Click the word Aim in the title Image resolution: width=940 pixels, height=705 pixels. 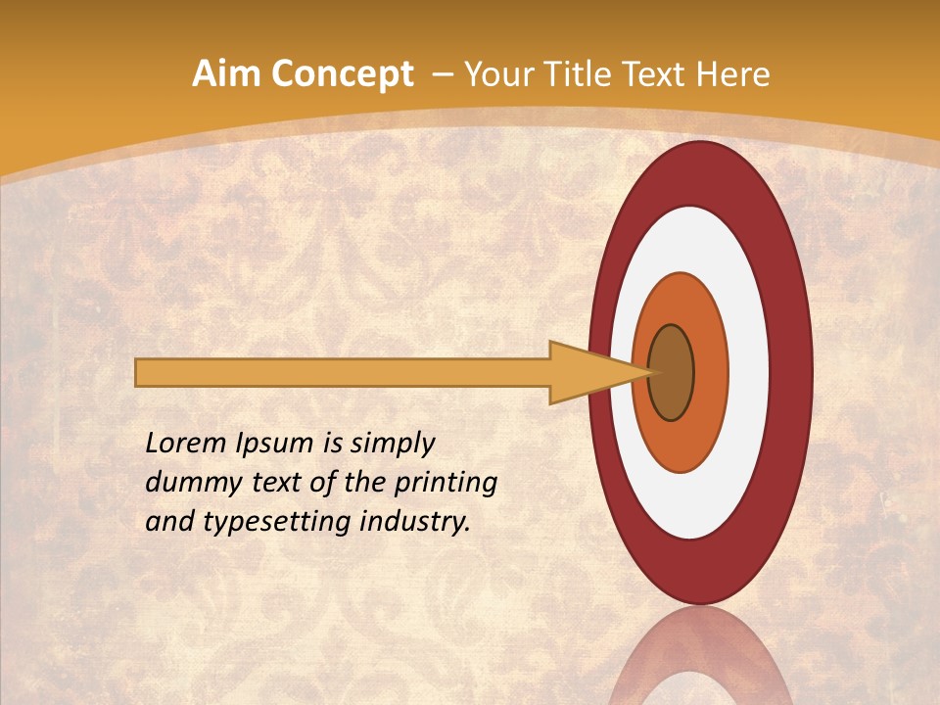coord(226,74)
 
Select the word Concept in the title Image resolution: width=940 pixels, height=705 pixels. coord(342,75)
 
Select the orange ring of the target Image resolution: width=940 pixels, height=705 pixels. coord(710,372)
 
